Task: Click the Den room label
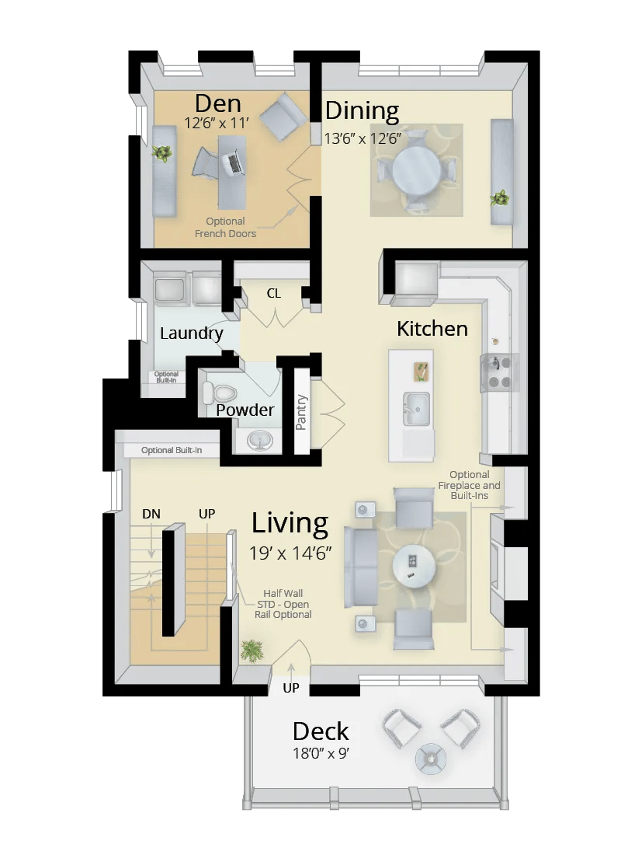[x=217, y=103]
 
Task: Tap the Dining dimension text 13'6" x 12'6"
[x=362, y=138]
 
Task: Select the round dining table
[x=416, y=169]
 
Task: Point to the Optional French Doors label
[x=225, y=227]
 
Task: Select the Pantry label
[x=301, y=413]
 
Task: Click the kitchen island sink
[x=415, y=407]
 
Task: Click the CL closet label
[x=273, y=293]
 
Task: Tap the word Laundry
[x=191, y=333]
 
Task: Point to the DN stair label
[x=151, y=514]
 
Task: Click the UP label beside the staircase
[x=206, y=514]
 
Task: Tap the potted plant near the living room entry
[x=252, y=650]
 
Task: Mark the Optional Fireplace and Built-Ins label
[x=470, y=486]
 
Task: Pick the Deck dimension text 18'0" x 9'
[x=321, y=752]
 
